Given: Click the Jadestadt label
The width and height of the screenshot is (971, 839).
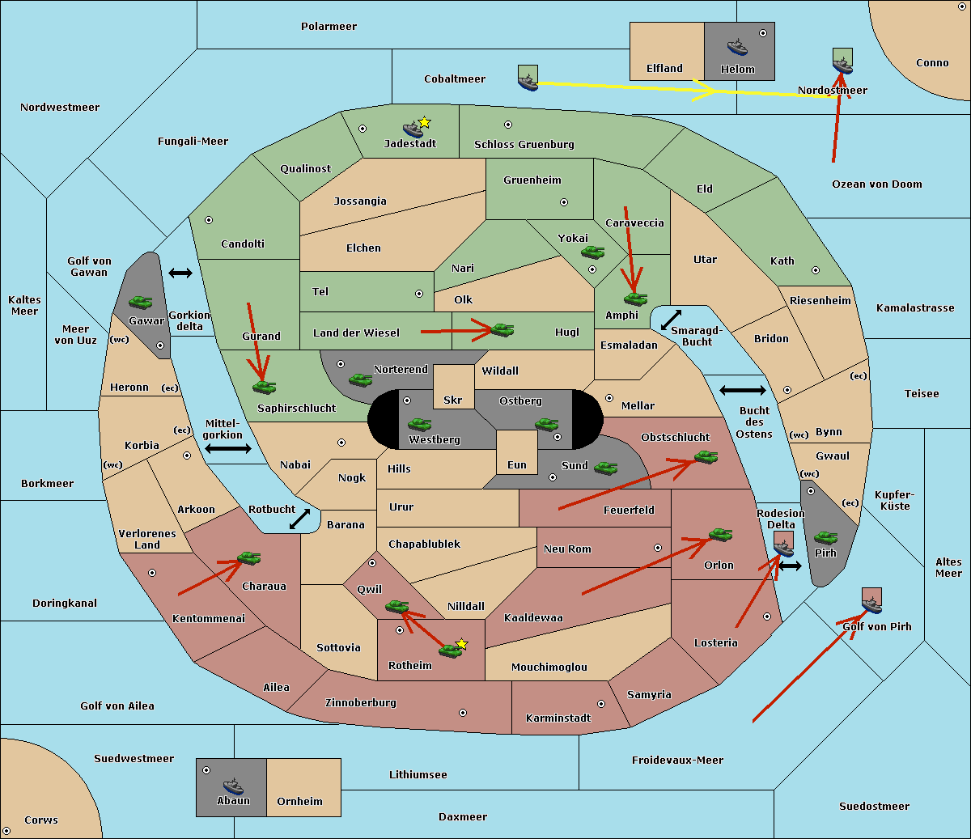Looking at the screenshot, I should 410,144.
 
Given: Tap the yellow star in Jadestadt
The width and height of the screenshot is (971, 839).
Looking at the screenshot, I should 425,122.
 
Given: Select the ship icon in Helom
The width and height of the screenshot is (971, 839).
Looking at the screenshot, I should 737,47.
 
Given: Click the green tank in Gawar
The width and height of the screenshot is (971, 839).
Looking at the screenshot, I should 140,302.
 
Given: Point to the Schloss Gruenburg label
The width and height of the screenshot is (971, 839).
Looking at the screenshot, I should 524,145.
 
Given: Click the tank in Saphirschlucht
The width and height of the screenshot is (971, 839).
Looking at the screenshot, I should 264,388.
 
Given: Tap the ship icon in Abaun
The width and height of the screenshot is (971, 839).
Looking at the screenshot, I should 233,785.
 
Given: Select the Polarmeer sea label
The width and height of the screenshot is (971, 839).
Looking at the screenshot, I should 329,27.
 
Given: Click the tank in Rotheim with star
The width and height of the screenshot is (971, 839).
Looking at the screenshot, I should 451,650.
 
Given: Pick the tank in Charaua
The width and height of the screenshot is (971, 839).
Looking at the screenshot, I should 248,558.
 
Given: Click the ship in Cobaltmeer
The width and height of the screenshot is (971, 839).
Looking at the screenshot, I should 528,79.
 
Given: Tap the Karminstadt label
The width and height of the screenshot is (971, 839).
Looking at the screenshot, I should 558,718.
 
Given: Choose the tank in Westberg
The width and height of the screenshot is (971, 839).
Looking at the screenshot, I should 419,424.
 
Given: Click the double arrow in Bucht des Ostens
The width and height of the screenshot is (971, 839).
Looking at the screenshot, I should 742,391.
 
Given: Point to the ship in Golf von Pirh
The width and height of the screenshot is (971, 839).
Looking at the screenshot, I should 871,601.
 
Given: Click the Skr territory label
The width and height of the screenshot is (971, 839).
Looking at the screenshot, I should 453,400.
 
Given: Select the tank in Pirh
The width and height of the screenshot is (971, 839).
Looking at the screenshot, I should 825,537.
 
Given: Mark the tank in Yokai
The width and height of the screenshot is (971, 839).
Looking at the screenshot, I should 592,252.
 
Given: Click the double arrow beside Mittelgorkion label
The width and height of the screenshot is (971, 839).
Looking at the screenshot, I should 228,449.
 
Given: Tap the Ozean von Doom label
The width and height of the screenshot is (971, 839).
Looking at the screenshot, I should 877,184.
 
